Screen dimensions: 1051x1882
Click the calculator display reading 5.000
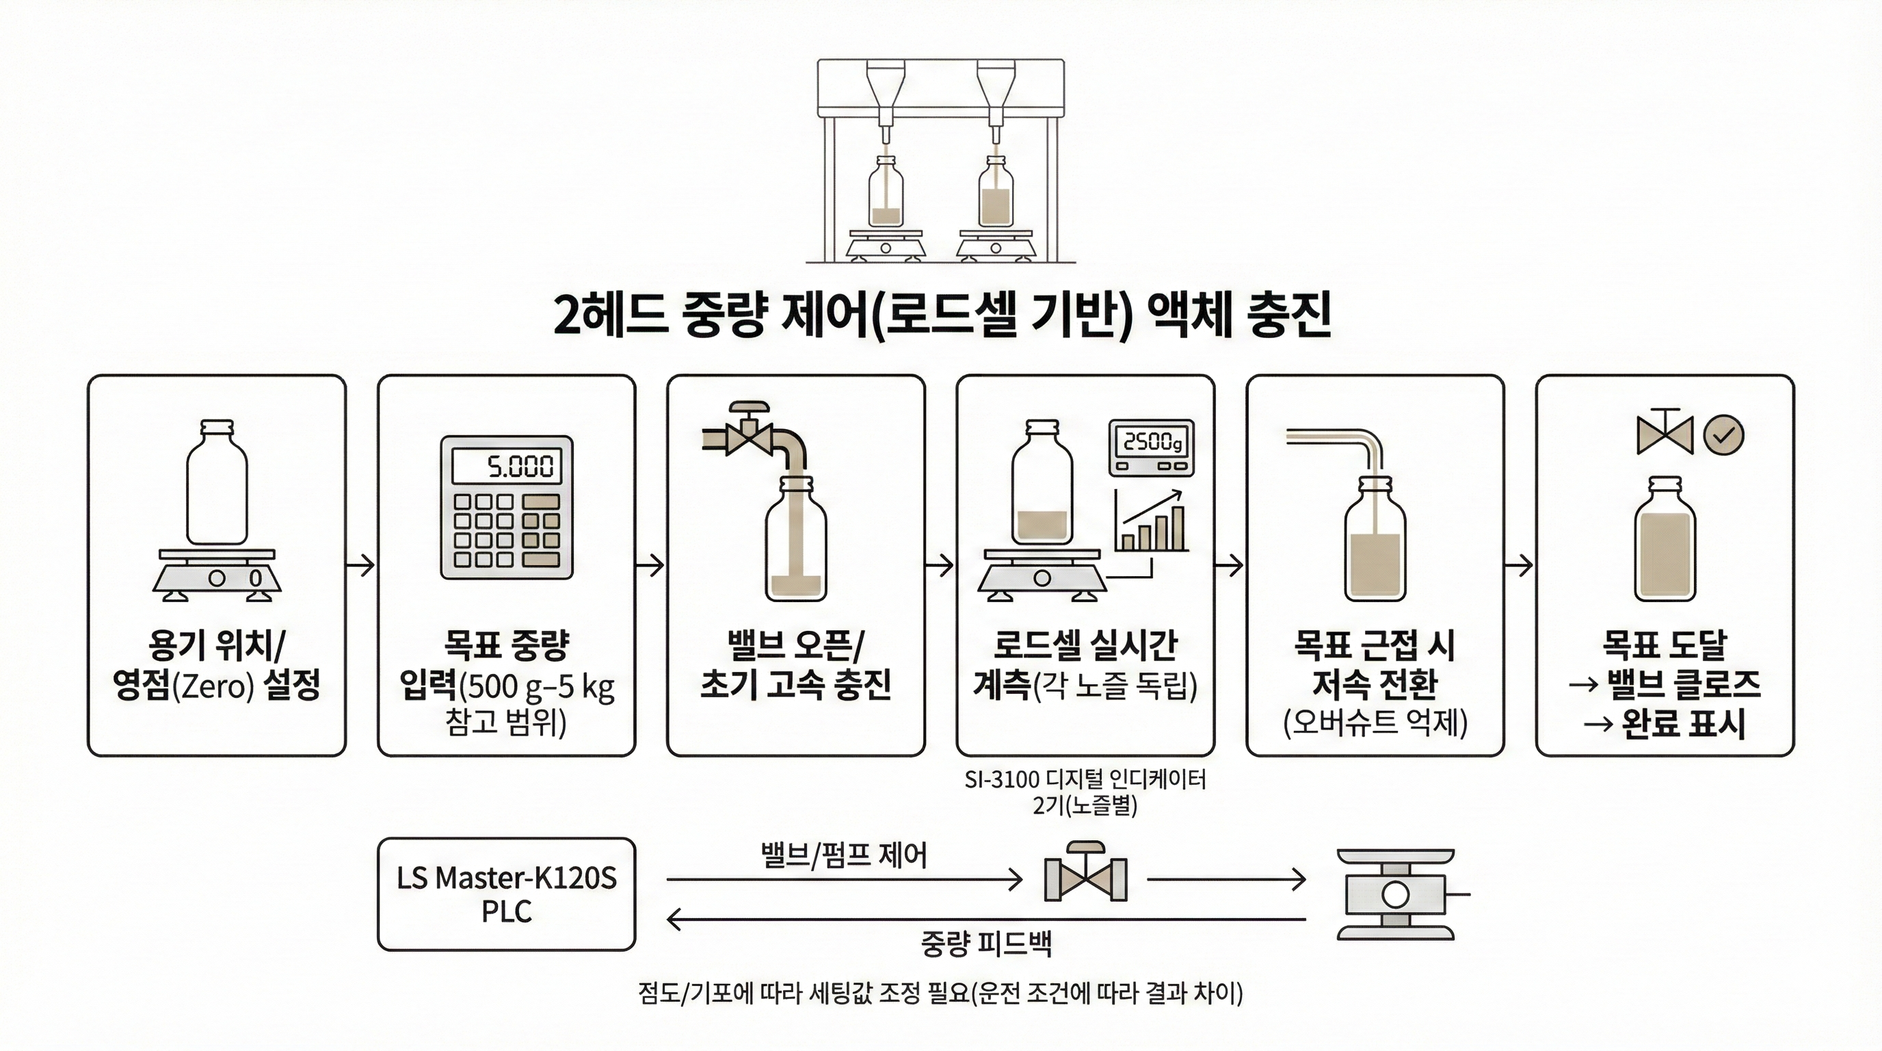506,465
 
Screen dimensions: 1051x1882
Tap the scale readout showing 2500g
1152,442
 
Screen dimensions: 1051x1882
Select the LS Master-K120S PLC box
506,894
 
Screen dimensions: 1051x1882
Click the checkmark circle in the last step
1723,436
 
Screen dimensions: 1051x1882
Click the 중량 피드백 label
985,944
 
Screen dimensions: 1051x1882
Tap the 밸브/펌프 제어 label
844,854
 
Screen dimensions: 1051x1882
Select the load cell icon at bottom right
1395,894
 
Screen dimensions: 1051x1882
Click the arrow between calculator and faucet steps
651,565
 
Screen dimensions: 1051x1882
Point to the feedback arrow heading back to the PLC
985,919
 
